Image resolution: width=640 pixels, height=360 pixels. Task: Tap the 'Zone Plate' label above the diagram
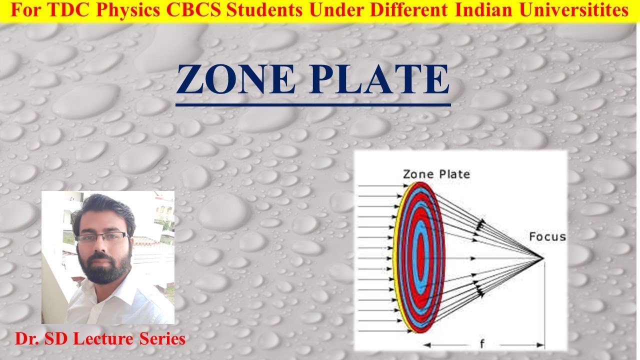coord(436,174)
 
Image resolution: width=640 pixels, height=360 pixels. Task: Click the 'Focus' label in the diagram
coord(547,236)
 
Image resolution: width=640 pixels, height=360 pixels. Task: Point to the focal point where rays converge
coord(543,258)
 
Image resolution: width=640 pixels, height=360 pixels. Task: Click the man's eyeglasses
coord(102,237)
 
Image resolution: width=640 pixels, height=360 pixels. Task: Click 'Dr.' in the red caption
coord(26,339)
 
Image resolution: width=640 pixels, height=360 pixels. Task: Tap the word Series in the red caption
coord(165,339)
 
